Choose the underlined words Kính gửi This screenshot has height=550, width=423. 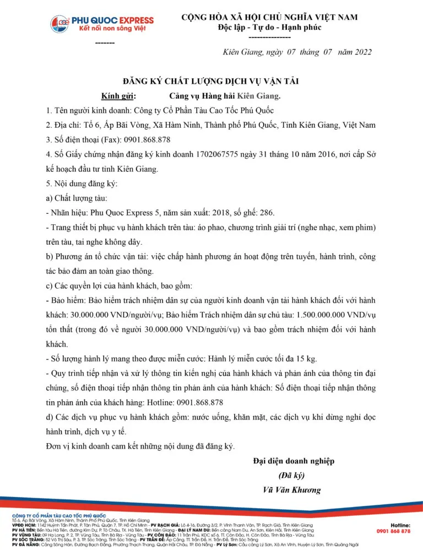coord(118,96)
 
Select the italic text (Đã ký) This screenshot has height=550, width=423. coord(292,475)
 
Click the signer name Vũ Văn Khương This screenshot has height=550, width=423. coord(292,489)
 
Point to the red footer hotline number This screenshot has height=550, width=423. coord(393,531)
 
